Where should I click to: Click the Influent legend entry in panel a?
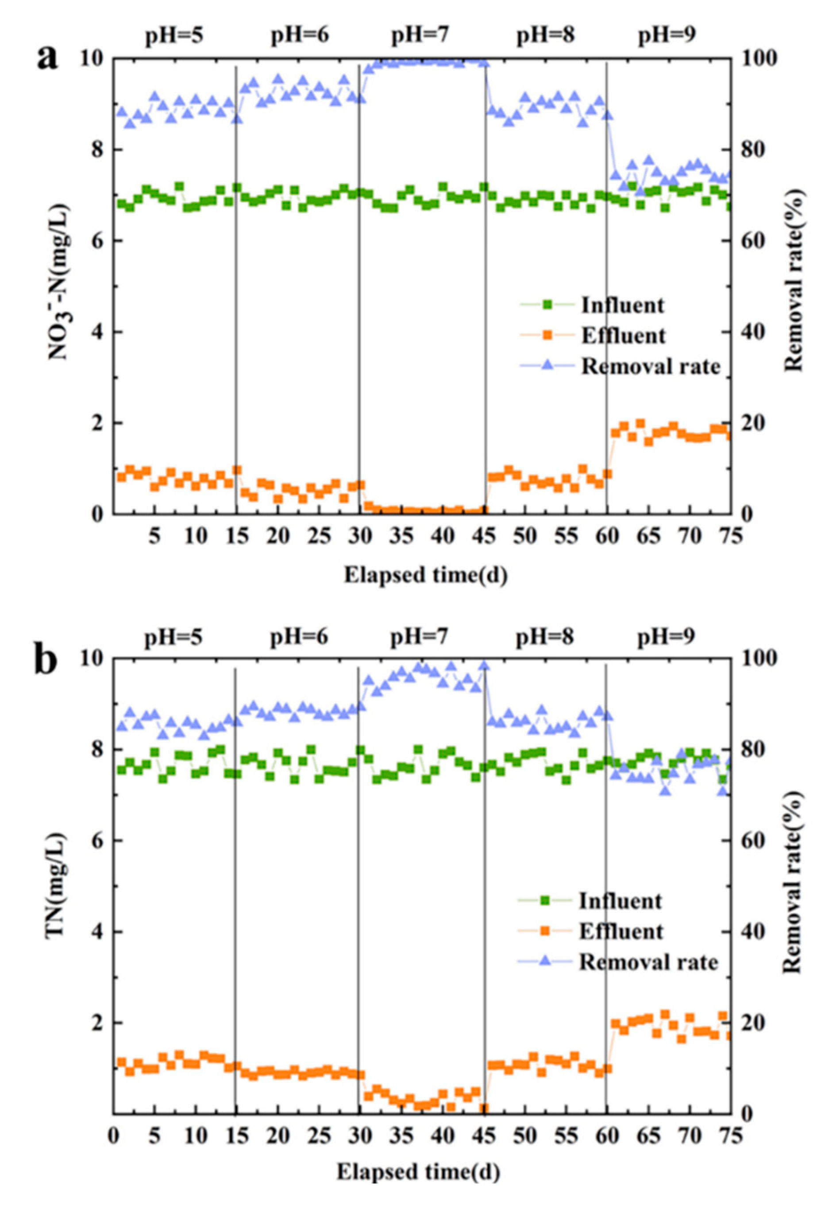pos(621,305)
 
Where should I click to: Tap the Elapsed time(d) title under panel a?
pos(425,575)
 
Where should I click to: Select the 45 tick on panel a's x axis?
pos(485,537)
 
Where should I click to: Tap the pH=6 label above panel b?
pos(299,637)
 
